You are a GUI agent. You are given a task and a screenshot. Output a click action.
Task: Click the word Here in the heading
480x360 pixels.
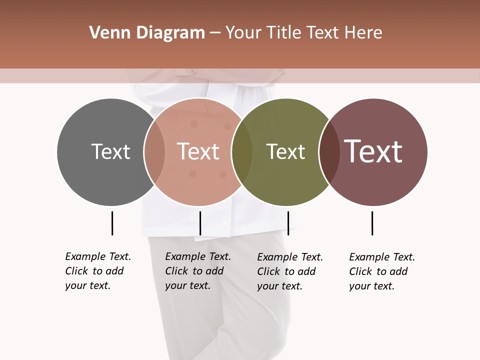click(364, 33)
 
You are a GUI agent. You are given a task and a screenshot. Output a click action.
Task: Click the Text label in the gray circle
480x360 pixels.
click(110, 151)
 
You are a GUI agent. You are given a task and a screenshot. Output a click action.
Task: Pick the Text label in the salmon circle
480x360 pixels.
click(198, 151)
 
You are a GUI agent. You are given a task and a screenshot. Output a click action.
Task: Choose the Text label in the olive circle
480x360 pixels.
click(285, 151)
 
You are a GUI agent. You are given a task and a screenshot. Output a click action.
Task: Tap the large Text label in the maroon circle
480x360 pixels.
click(373, 151)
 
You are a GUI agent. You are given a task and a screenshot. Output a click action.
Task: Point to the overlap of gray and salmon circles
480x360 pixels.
click(154, 152)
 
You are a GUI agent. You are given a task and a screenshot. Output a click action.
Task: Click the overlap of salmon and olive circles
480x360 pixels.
click(242, 152)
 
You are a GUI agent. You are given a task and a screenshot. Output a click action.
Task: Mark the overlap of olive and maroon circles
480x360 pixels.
click(329, 152)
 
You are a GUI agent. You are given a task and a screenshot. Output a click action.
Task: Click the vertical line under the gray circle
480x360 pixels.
click(112, 223)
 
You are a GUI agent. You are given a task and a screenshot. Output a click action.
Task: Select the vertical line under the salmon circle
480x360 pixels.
click(200, 223)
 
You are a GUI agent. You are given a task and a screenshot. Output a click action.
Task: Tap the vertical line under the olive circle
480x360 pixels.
click(288, 223)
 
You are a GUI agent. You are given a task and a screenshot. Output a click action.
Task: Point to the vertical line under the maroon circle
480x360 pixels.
click(372, 223)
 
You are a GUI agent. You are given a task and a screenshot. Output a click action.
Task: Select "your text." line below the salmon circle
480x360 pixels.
click(187, 285)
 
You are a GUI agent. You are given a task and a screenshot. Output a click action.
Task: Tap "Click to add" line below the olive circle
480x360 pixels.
click(286, 271)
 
